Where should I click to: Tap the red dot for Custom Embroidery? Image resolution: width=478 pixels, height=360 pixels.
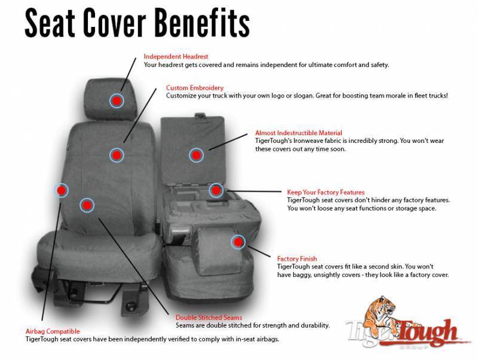(117, 155)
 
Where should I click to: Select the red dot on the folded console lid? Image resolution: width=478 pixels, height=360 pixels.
(196, 155)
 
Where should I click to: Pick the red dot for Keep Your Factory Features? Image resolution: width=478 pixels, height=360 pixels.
(216, 190)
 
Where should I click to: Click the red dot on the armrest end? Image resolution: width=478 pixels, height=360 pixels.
(238, 242)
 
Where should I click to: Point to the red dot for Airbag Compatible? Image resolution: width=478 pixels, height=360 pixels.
(61, 191)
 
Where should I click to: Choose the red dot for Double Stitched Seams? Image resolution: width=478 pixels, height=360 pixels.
(87, 205)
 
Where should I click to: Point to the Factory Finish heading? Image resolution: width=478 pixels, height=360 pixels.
(297, 258)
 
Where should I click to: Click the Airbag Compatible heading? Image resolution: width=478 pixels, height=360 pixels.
(53, 331)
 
